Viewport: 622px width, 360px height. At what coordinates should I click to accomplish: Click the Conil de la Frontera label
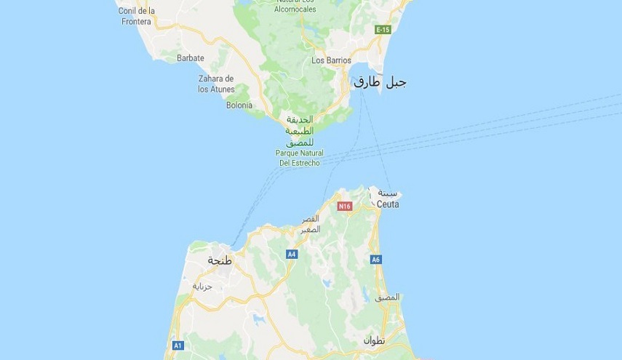(137, 17)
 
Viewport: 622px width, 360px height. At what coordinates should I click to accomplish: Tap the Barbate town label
(191, 58)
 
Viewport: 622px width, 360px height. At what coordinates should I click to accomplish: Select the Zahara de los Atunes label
(215, 84)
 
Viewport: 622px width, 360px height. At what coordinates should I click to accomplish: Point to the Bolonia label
(239, 105)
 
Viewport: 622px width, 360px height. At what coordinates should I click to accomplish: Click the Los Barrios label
(331, 60)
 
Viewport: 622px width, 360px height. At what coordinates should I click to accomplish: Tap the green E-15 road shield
(383, 30)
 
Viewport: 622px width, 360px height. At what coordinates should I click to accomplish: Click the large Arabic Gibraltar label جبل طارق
(380, 82)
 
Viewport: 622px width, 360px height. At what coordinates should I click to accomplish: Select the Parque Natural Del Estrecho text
(299, 158)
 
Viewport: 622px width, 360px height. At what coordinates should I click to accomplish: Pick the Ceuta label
(388, 204)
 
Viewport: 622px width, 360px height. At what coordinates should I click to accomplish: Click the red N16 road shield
(345, 207)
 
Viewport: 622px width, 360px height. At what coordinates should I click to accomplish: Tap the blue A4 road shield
(292, 255)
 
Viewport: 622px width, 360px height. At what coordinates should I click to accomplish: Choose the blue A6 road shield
(376, 260)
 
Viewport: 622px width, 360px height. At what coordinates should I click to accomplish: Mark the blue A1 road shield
(178, 345)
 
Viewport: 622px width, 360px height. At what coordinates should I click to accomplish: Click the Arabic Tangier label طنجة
(219, 260)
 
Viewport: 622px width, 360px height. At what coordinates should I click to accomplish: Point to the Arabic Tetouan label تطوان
(374, 340)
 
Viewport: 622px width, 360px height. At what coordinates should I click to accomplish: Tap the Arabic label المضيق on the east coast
(387, 297)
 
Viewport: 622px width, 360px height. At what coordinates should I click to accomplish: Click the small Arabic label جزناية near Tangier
(202, 286)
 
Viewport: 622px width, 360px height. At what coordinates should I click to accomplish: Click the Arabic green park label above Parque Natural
(299, 130)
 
